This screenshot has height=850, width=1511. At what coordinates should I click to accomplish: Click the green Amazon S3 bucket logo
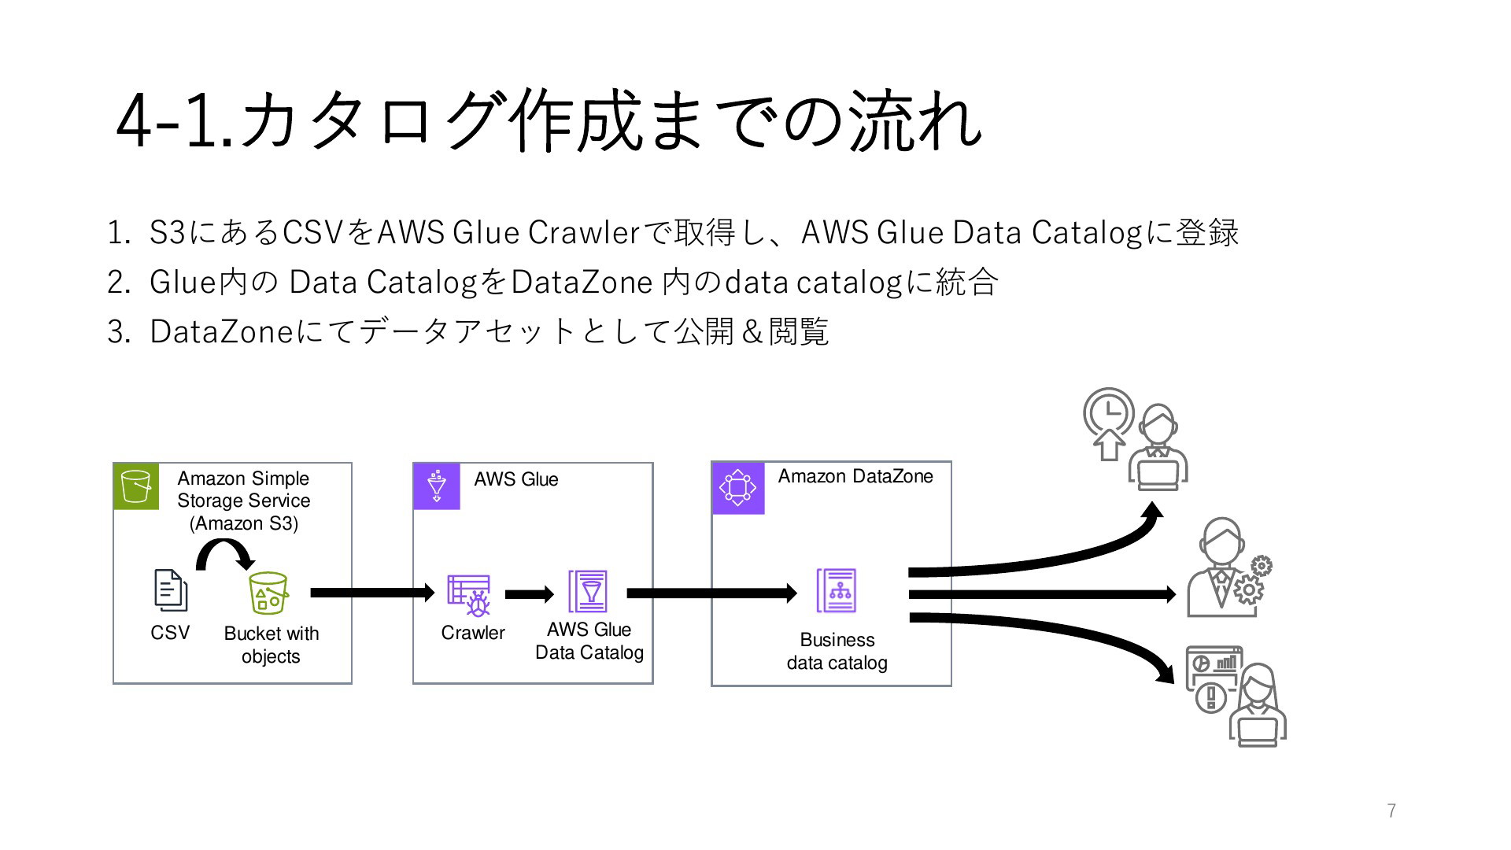136,486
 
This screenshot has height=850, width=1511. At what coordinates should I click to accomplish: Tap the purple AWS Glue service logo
437,486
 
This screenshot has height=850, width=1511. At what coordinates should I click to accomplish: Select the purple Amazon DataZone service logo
738,488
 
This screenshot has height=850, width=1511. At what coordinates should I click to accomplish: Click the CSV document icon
170,589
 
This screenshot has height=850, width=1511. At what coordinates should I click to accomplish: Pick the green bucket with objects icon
268,593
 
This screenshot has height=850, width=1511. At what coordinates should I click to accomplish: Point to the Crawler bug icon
469,595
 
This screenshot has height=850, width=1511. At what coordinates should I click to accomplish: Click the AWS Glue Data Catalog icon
588,591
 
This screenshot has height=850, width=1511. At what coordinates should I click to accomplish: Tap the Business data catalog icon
837,591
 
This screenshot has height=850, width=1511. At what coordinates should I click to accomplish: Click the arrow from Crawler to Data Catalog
530,594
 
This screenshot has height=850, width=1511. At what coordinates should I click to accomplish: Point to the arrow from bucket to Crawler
373,593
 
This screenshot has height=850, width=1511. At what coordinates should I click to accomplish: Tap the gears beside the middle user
1251,579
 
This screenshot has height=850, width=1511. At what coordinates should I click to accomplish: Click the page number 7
1391,811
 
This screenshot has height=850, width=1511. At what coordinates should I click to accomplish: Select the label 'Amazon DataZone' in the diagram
855,476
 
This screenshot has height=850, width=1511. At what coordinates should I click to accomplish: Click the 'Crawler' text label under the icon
473,633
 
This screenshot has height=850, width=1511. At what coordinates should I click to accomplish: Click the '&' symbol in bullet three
752,332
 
